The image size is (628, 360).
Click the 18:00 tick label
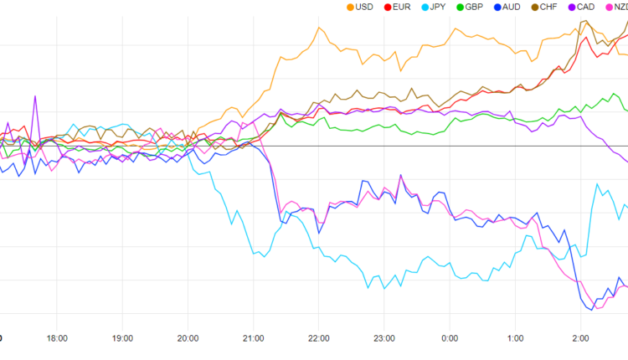[x=57, y=338]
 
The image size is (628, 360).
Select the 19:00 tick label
[x=122, y=338]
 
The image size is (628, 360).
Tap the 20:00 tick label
[x=188, y=338]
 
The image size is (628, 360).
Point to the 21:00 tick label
[x=253, y=338]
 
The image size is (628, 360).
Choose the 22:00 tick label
[x=318, y=338]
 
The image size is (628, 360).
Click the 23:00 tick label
[x=383, y=338]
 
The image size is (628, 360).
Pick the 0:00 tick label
[x=450, y=338]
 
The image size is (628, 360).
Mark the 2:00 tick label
[x=580, y=338]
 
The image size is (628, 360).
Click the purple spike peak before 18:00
[x=35, y=96]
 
